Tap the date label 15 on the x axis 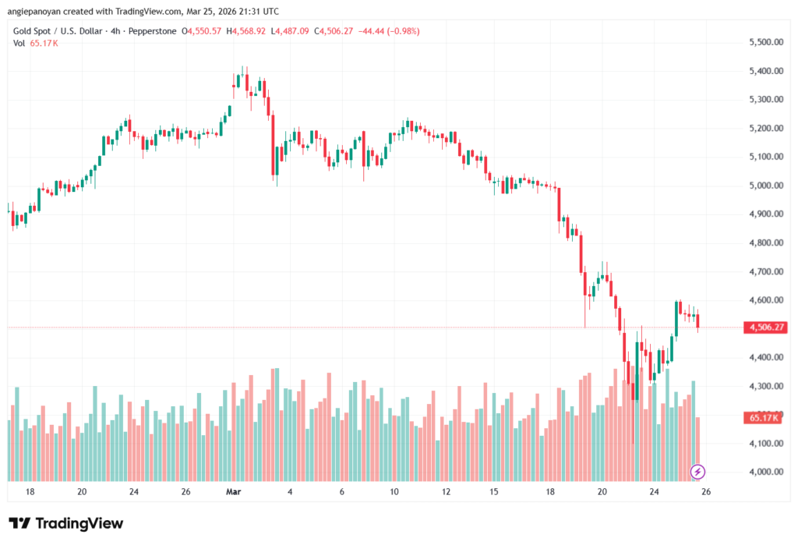point(494,492)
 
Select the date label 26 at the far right point(706,492)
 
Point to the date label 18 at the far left point(30,492)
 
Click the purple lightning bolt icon point(698,471)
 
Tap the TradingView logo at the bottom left point(65,523)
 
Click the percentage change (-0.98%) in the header point(401,31)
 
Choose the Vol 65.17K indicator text point(36,43)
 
